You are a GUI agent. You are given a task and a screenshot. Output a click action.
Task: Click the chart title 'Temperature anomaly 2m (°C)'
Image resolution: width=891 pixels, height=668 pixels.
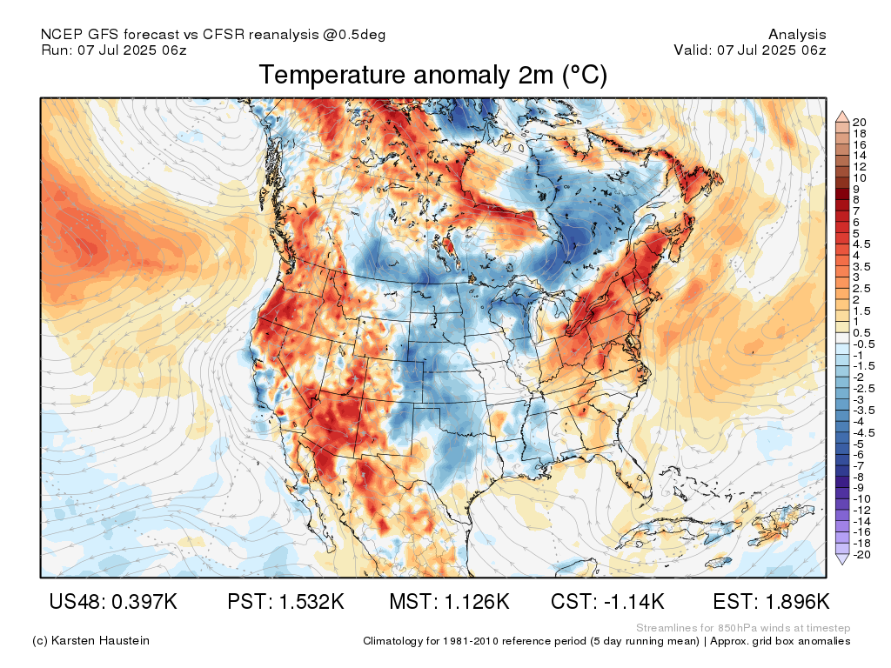pyautogui.click(x=432, y=76)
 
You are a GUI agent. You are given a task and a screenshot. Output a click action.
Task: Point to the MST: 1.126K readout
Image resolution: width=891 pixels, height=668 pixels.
pyautogui.click(x=448, y=602)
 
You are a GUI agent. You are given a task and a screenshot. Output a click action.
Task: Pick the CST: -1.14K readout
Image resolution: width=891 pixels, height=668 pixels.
pyautogui.click(x=608, y=602)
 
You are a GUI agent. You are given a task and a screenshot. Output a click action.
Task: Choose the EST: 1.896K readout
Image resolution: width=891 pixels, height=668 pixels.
pyautogui.click(x=771, y=602)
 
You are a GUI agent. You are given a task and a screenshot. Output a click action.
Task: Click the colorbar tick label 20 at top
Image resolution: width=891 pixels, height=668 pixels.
pyautogui.click(x=861, y=122)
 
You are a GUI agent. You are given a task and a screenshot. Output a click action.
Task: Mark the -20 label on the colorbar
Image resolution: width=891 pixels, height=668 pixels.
pyautogui.click(x=862, y=554)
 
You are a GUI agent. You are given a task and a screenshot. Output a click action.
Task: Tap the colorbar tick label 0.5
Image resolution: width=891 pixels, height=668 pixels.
pyautogui.click(x=862, y=332)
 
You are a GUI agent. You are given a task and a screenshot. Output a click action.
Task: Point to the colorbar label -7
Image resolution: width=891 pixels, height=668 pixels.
pyautogui.click(x=860, y=465)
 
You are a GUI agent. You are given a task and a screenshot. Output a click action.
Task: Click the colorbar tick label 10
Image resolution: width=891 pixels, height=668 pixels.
pyautogui.click(x=861, y=177)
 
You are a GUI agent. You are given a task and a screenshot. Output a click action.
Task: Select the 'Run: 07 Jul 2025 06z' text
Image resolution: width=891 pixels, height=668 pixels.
pyautogui.click(x=114, y=50)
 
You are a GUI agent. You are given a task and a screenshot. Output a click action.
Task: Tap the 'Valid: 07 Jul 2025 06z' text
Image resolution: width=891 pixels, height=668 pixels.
pyautogui.click(x=750, y=50)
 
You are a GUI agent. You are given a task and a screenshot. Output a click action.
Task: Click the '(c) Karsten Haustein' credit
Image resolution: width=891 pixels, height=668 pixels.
pyautogui.click(x=90, y=640)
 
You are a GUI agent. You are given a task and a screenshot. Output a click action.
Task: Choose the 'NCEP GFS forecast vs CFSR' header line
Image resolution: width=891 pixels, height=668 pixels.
pyautogui.click(x=213, y=35)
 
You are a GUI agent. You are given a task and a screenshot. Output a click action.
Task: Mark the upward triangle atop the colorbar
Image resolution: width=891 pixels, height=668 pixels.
pyautogui.click(x=841, y=115)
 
